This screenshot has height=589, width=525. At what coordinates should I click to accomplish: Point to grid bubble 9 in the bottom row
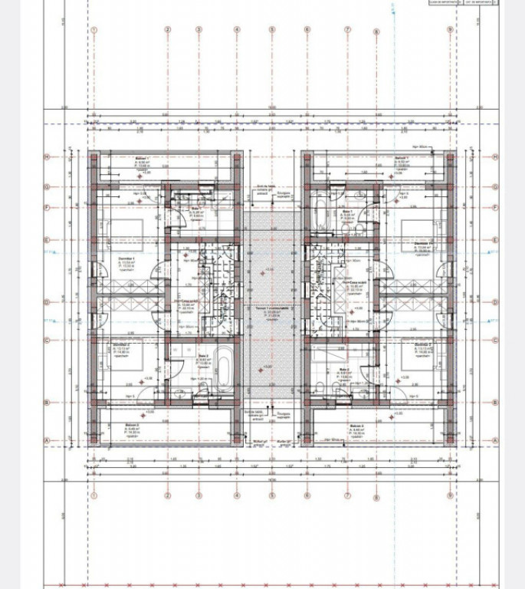coord(451,495)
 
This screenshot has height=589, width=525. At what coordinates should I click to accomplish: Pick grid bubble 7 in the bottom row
coord(347,495)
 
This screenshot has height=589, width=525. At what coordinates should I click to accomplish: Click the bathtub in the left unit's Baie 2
coord(223,369)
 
